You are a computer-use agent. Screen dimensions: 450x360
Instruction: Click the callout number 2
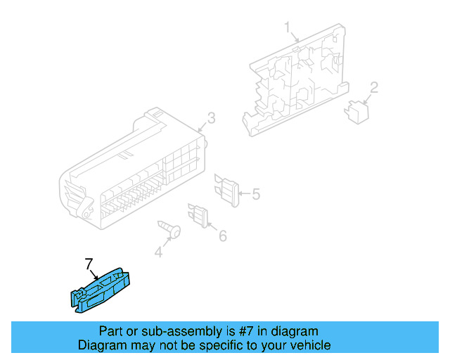coord(374,88)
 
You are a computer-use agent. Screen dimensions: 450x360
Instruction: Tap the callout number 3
coord(211,117)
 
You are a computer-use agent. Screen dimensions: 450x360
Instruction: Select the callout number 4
coord(158,252)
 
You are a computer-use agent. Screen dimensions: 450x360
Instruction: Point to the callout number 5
coord(255,193)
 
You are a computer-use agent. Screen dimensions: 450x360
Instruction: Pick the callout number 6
coord(222,236)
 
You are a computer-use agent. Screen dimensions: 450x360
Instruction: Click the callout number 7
coord(89,264)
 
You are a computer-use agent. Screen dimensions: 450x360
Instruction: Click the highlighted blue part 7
coord(100,291)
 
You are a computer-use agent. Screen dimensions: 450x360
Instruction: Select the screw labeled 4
coord(170,229)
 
